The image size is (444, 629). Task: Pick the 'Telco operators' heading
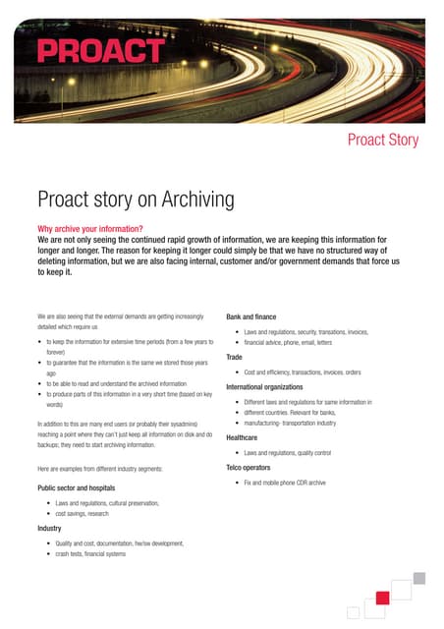click(254, 468)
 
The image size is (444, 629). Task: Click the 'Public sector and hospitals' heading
click(76, 487)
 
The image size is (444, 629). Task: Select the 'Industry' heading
click(49, 528)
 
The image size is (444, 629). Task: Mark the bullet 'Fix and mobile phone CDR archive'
click(284, 484)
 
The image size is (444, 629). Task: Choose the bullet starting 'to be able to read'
click(116, 383)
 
